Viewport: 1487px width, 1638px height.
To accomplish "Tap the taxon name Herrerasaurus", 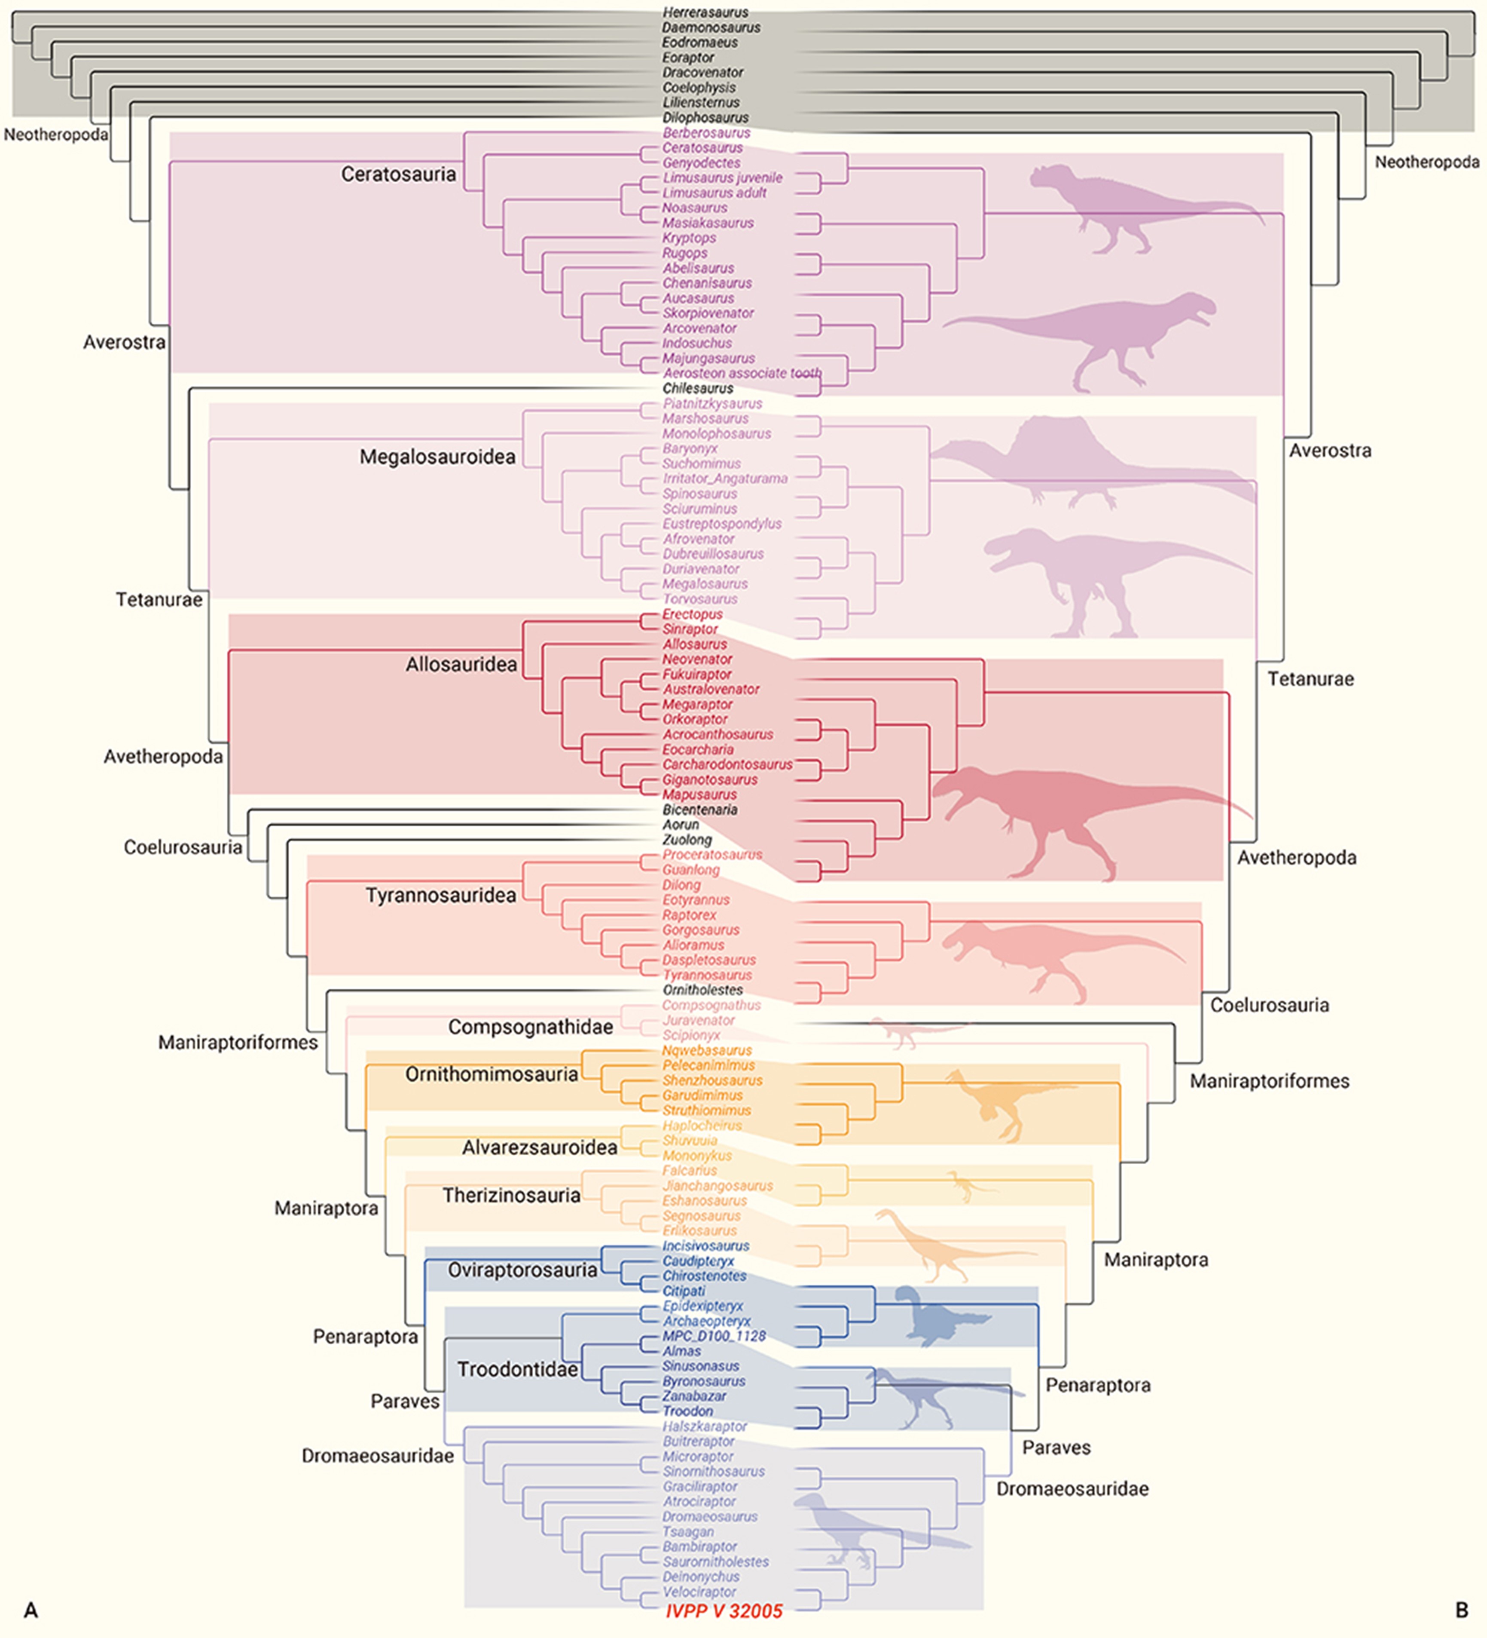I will click(x=705, y=12).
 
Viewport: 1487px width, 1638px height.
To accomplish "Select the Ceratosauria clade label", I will click(x=398, y=174).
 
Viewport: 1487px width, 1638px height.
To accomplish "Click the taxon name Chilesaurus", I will click(x=698, y=388).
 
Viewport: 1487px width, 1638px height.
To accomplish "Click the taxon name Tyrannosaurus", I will click(x=706, y=975).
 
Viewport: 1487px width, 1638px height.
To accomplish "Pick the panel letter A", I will click(x=31, y=1610).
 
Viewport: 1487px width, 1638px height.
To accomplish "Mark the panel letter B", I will click(x=1461, y=1610).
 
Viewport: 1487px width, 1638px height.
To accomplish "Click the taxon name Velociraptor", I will click(x=699, y=1592).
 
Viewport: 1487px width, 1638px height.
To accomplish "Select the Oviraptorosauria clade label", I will click(x=522, y=1270).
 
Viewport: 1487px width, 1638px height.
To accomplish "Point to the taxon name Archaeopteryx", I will click(x=706, y=1321).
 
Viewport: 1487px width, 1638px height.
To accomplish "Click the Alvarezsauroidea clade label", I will click(x=539, y=1147).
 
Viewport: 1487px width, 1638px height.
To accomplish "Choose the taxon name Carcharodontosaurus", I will click(x=727, y=764).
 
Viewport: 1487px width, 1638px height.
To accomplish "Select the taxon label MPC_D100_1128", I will click(x=714, y=1336).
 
